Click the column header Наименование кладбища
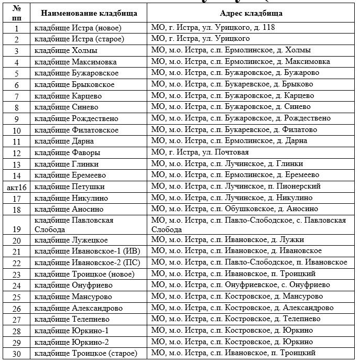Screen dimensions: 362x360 point(89,13)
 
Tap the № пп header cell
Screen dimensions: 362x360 point(17,13)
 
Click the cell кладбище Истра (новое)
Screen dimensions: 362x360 point(76,27)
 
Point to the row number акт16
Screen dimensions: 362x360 point(17,187)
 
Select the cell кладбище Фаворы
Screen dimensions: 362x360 point(68,153)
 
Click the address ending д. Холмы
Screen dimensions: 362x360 point(231,50)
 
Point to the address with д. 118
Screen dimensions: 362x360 point(213,27)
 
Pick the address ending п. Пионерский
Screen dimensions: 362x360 point(243,187)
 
